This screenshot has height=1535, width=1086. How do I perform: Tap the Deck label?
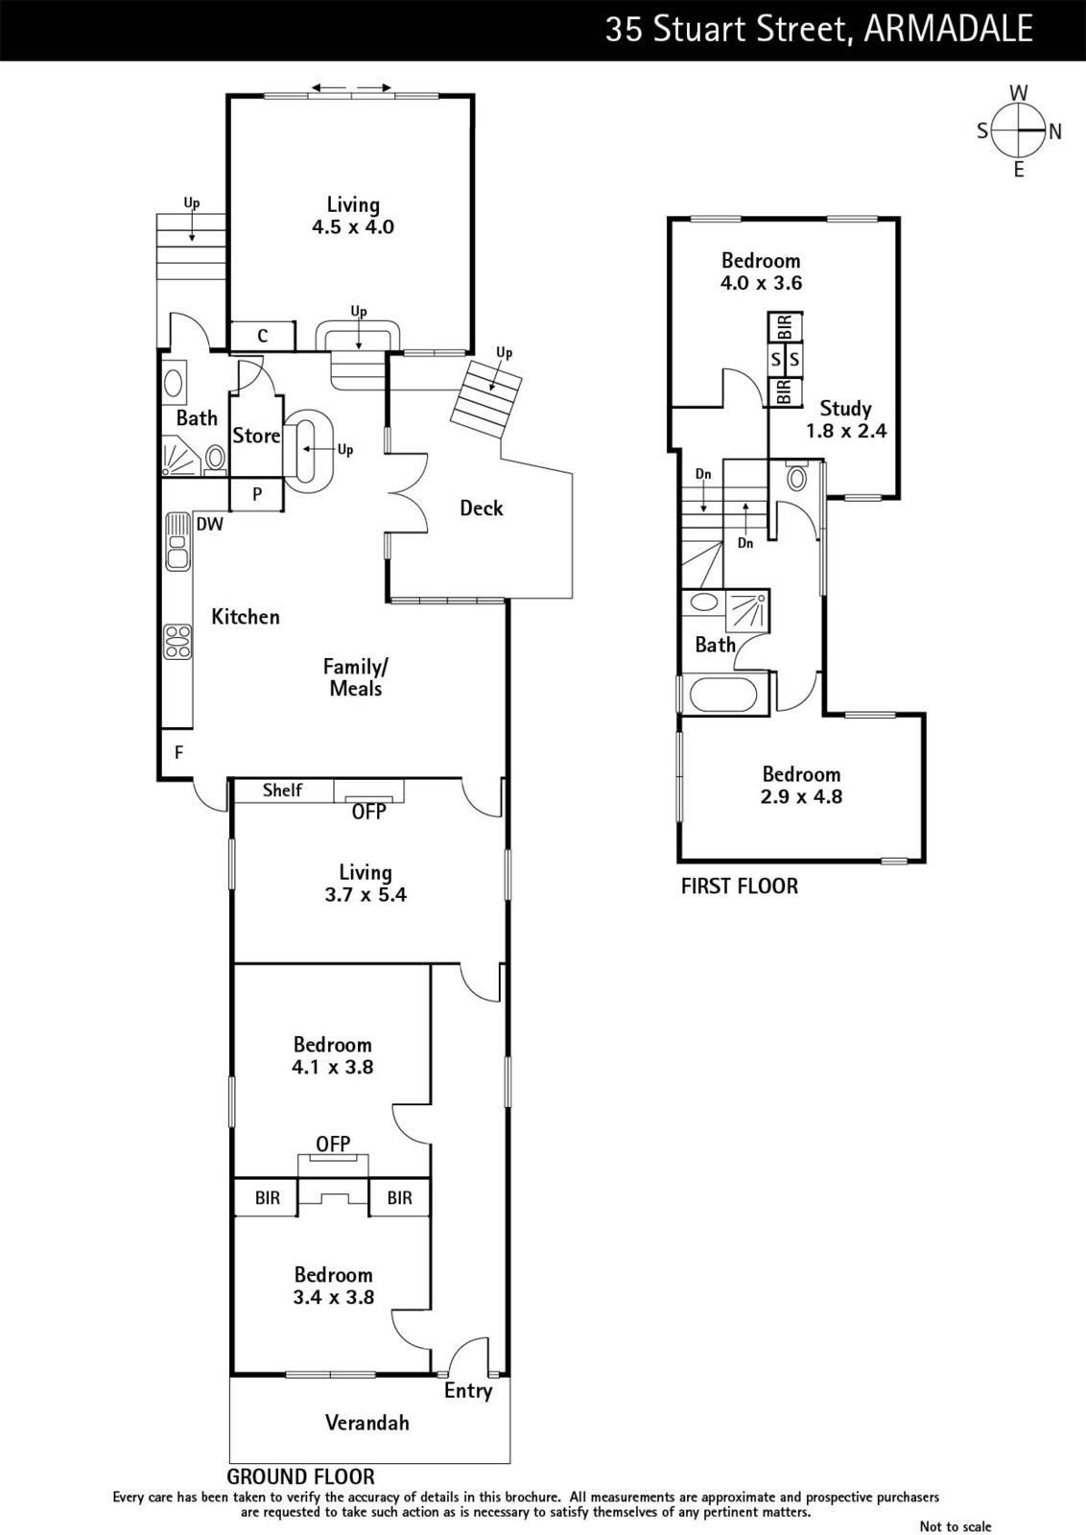coord(481,508)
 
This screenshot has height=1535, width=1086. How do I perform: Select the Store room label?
coord(256,436)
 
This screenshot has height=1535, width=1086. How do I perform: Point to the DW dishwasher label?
coord(210,524)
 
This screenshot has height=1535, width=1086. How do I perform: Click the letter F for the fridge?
coord(178,752)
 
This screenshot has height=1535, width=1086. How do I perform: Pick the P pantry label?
coord(257,494)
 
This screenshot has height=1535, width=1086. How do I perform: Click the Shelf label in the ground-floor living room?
coord(282,791)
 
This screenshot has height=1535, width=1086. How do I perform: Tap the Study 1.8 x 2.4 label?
coord(846,419)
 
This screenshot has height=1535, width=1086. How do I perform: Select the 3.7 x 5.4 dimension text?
coord(366,894)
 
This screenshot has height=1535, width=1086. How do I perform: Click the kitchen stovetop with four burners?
coord(178,642)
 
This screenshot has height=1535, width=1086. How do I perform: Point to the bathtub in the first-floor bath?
coord(723,695)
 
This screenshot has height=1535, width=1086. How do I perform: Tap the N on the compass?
coord(1055,130)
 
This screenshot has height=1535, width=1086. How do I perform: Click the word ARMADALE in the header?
coord(948,30)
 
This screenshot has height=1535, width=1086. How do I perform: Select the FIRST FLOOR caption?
coord(740,886)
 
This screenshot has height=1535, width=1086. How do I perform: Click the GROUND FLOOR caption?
coord(301,1476)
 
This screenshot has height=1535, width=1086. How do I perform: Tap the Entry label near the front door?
coord(468,1390)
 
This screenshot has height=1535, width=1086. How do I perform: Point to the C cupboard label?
coord(263,336)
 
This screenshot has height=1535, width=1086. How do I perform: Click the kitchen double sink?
coord(177,541)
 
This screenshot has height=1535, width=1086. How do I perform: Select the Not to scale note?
coord(956,1526)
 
